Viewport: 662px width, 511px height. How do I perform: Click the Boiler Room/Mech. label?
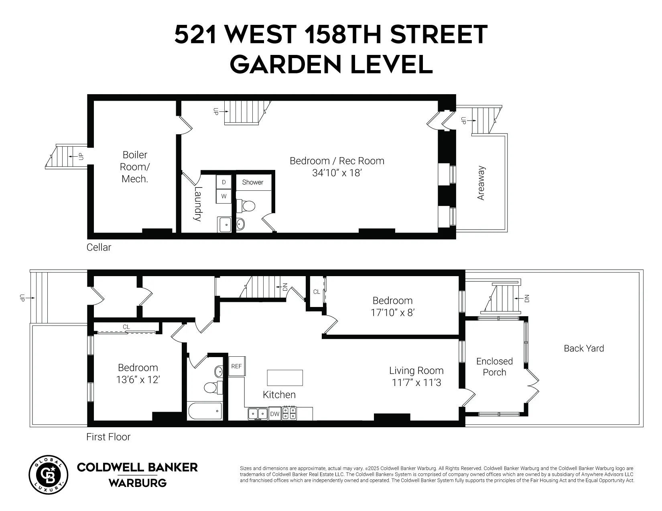[135, 167]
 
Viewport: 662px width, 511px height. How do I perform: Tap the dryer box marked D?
[224, 182]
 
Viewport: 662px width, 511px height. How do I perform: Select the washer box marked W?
[224, 196]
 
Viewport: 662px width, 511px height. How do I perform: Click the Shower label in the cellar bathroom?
[253, 182]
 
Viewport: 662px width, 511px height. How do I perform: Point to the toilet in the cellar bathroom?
[246, 206]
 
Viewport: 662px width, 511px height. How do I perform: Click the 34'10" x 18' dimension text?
[337, 173]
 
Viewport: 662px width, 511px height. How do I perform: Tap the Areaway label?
[481, 183]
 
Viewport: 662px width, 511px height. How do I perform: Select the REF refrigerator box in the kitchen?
[236, 366]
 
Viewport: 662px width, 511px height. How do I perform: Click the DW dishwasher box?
[274, 414]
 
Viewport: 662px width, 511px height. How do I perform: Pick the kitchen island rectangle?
[285, 378]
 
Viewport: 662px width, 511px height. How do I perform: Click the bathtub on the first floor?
[205, 411]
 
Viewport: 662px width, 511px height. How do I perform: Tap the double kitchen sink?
[258, 413]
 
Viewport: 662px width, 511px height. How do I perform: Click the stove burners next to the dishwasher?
[290, 413]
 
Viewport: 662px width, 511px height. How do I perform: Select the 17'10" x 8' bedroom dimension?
[392, 312]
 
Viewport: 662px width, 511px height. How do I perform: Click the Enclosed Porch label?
[494, 367]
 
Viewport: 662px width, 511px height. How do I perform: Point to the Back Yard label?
[584, 348]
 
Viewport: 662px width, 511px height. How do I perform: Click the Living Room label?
[416, 371]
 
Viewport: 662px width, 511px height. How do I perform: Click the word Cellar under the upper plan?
[99, 247]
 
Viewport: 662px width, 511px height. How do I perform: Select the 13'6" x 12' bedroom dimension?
[138, 379]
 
